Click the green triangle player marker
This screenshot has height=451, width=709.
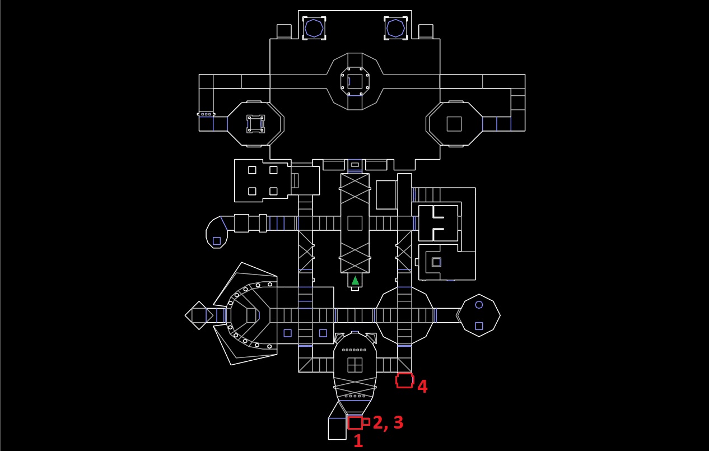[x=355, y=281]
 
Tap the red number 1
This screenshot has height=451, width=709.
[x=358, y=441]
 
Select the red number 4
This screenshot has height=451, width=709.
[x=423, y=386]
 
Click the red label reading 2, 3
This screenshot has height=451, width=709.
[x=388, y=422]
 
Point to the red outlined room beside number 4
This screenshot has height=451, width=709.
[x=404, y=380]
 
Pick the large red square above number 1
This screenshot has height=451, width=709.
[x=355, y=423]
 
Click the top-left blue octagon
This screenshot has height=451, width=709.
[x=314, y=28]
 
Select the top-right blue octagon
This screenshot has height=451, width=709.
[x=395, y=28]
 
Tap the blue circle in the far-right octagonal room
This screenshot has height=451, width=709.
[x=479, y=305]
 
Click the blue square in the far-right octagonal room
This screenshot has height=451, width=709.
[x=479, y=326]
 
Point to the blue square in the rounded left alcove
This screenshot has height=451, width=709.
[x=217, y=241]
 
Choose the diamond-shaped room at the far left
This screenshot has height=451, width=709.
[x=199, y=315]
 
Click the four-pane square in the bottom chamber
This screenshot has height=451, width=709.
[x=355, y=365]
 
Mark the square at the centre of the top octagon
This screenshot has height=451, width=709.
[x=355, y=81]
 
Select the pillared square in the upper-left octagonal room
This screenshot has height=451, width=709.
[x=256, y=124]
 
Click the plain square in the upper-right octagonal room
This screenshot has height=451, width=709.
[x=454, y=124]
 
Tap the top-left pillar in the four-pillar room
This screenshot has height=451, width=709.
[x=252, y=170]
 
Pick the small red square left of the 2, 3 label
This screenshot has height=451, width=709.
[x=366, y=422]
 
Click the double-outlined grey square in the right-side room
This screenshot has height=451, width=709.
[x=436, y=262]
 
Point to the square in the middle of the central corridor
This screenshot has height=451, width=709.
[x=355, y=224]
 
